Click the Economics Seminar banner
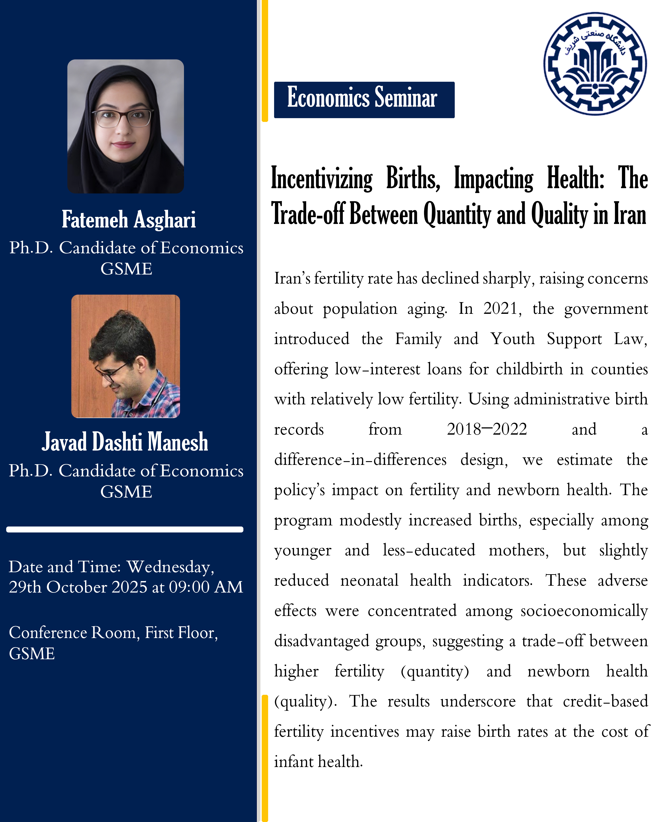364,99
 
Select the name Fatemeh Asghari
129,220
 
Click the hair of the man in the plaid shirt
123,334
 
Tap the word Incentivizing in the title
322,179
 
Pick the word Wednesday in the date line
170,567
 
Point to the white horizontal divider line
125,529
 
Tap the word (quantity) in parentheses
435,671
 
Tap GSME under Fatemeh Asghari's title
126,269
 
